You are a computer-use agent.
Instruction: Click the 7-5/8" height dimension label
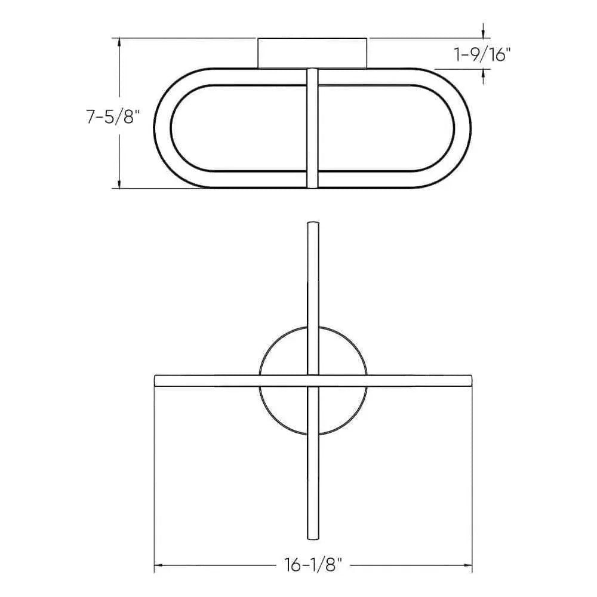pyautogui.click(x=112, y=117)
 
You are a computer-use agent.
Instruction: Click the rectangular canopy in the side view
pyautogui.click(x=312, y=53)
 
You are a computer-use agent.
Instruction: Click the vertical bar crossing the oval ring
pyautogui.click(x=312, y=128)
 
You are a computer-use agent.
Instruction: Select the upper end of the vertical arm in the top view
pyautogui.click(x=312, y=226)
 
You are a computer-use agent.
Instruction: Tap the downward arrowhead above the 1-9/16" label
pyautogui.click(x=484, y=33)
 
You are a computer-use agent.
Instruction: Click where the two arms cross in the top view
pyautogui.click(x=312, y=380)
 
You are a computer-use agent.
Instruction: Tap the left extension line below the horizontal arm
pyautogui.click(x=155, y=478)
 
